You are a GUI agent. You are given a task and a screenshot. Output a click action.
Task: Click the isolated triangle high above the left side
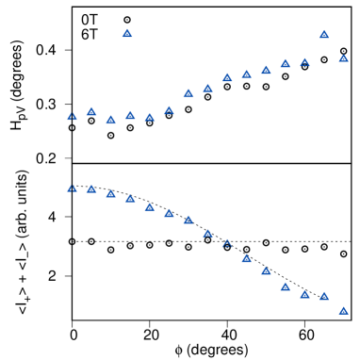tap(127, 33)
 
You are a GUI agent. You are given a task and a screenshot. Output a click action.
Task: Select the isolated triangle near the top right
tap(324, 34)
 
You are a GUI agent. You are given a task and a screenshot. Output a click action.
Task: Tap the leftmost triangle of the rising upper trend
tap(72, 116)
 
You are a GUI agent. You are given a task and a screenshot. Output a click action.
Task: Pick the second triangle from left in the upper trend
tap(91, 111)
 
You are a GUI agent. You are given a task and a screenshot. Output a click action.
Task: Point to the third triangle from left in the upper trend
tap(111, 120)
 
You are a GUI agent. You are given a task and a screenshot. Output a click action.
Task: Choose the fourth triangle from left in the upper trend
tap(130, 115)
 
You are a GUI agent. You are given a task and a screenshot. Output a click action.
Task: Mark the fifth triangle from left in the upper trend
tap(150, 118)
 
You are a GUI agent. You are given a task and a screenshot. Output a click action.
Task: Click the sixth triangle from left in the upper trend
tap(169, 110)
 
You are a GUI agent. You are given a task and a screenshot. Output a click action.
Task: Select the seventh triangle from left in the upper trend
tap(188, 93)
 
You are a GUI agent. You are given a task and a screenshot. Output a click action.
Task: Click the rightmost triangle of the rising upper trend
tap(343, 58)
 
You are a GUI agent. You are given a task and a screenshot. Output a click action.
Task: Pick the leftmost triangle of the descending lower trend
tap(72, 188)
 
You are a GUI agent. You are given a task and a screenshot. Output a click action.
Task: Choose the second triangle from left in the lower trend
tap(91, 188)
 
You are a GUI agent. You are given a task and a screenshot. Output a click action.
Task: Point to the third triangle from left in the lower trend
tap(111, 193)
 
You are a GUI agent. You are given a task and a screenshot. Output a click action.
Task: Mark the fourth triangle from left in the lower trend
tap(130, 199)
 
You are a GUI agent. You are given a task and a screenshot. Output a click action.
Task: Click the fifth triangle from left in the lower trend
tap(150, 206)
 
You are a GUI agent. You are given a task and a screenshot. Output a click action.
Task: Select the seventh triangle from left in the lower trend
tap(188, 220)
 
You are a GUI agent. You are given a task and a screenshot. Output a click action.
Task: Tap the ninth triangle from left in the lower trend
tap(227, 243)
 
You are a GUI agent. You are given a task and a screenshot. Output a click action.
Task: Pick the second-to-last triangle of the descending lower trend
tap(324, 296)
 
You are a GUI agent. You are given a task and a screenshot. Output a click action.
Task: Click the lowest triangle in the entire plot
tap(343, 310)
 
